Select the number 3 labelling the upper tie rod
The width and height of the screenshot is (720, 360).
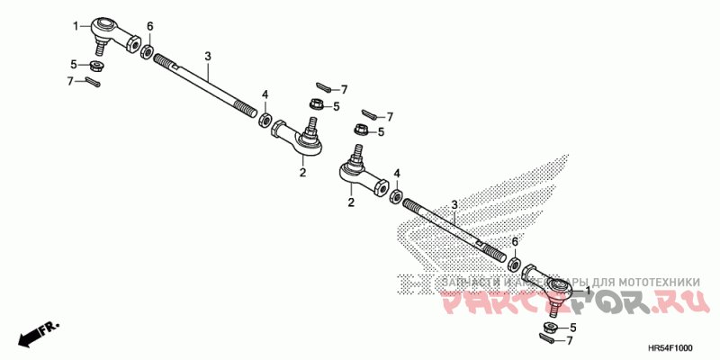click(x=207, y=57)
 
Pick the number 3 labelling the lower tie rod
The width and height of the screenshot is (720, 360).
click(x=455, y=205)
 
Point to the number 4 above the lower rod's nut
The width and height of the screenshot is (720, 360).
click(x=397, y=173)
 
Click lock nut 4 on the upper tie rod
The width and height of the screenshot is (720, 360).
click(x=265, y=119)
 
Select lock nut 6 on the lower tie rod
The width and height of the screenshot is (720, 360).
click(x=514, y=265)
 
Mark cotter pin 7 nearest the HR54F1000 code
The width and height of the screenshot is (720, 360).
click(x=546, y=339)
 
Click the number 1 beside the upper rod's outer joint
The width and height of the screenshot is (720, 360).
click(x=76, y=26)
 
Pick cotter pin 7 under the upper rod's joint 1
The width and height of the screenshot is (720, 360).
click(x=94, y=83)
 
